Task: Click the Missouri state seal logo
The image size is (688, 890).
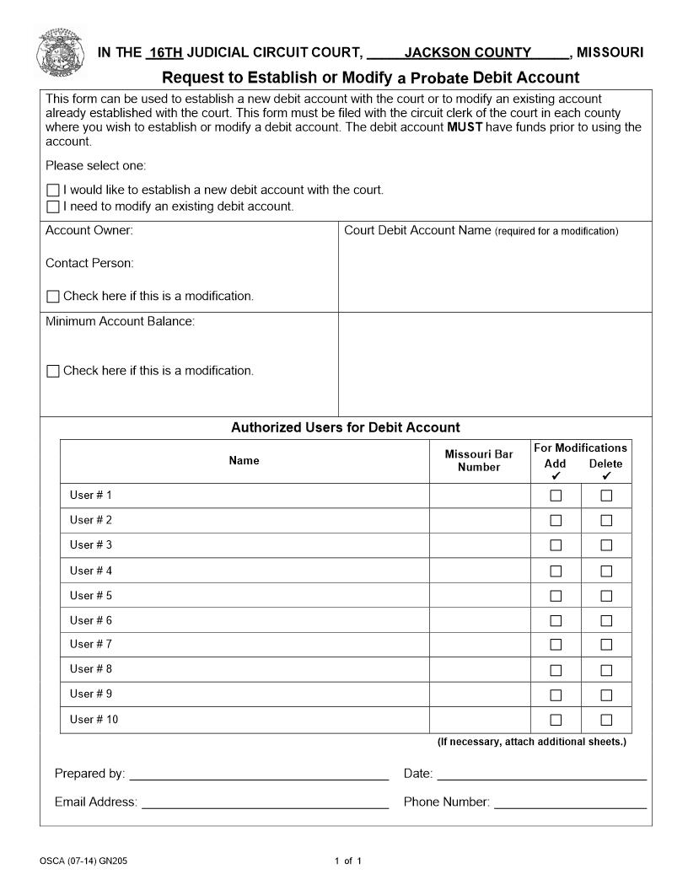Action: click(x=60, y=52)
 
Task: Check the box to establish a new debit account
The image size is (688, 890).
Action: click(x=53, y=190)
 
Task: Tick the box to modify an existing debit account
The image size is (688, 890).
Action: click(x=53, y=206)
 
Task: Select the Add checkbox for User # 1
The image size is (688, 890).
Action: click(x=556, y=496)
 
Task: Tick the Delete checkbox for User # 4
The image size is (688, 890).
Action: click(x=606, y=571)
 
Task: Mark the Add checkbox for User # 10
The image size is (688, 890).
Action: click(x=556, y=720)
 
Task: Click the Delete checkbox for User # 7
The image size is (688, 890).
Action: click(x=606, y=646)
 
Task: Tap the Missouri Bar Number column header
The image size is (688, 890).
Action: click(x=479, y=461)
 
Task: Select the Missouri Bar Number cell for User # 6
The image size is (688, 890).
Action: click(x=479, y=620)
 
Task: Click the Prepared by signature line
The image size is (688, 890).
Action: click(x=258, y=774)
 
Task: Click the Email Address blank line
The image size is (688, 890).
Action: click(x=265, y=802)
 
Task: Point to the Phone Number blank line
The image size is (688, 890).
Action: click(x=570, y=802)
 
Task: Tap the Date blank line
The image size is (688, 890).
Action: click(x=541, y=774)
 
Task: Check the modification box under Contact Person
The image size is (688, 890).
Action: click(x=53, y=297)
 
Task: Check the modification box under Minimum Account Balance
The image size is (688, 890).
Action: click(x=53, y=371)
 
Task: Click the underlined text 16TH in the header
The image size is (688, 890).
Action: click(x=165, y=52)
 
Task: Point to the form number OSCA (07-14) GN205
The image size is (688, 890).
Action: click(x=83, y=861)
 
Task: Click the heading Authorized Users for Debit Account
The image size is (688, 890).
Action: click(x=346, y=427)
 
